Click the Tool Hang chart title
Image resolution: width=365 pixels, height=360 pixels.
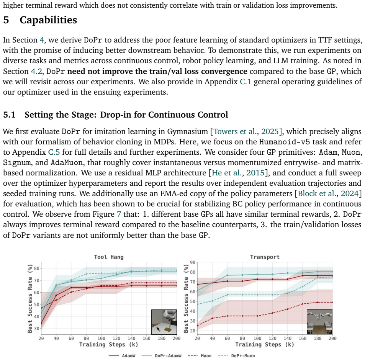pyautogui.click(x=109, y=257)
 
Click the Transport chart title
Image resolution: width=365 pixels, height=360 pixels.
pyautogui.click(x=265, y=257)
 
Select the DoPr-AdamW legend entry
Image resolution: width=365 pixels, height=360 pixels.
pyautogui.click(x=161, y=355)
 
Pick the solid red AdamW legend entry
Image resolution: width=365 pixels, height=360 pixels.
pyautogui.click(x=122, y=355)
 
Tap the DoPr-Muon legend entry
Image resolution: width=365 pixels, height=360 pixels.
pyautogui.click(x=237, y=355)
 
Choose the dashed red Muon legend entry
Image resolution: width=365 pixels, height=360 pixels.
pyautogui.click(x=200, y=355)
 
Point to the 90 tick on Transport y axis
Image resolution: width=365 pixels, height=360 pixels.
pyautogui.click(x=193, y=262)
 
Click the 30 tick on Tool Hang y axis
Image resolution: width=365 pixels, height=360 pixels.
pyautogui.click(x=36, y=329)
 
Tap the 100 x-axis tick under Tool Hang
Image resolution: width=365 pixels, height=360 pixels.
pyautogui.click(x=101, y=338)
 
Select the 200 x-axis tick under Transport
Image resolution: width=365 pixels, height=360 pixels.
pyautogui.click(x=332, y=338)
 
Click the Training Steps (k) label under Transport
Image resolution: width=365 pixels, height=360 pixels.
pyautogui.click(x=265, y=345)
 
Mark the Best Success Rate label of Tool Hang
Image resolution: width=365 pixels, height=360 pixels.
pyautogui.click(x=30, y=299)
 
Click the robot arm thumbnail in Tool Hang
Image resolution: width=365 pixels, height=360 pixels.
pyautogui.click(x=164, y=322)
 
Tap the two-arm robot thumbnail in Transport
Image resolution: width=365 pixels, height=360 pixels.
pyautogui.click(x=319, y=322)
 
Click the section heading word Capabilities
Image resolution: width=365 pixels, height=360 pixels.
pyautogui.click(x=48, y=20)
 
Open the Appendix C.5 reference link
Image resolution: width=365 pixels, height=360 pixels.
pyautogui.click(x=54, y=152)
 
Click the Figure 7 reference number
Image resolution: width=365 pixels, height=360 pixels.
pyautogui.click(x=119, y=214)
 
